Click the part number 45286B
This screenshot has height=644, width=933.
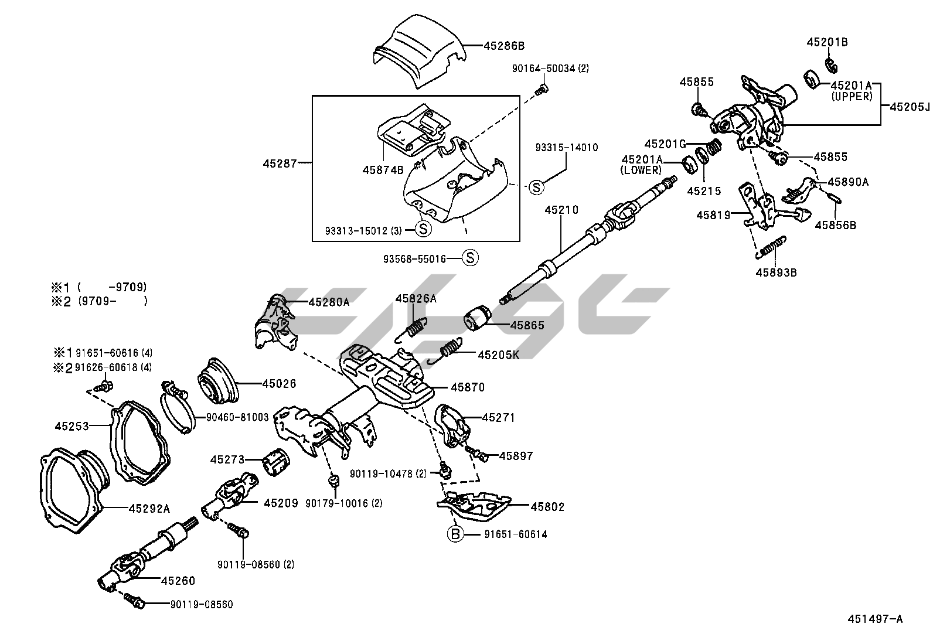pyautogui.click(x=505, y=45)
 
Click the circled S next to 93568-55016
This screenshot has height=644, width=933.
pyautogui.click(x=470, y=257)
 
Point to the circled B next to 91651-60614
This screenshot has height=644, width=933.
pyautogui.click(x=455, y=534)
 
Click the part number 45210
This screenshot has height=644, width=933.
pyautogui.click(x=561, y=210)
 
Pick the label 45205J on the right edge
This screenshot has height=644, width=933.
pyautogui.click(x=910, y=107)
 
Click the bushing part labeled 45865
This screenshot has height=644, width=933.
pyautogui.click(x=478, y=318)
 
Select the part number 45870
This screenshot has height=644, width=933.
pyautogui.click(x=468, y=387)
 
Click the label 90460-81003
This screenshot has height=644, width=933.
pyautogui.click(x=237, y=417)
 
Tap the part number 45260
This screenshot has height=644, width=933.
pyautogui.click(x=178, y=581)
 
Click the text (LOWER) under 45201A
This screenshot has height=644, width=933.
pyautogui.click(x=641, y=170)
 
